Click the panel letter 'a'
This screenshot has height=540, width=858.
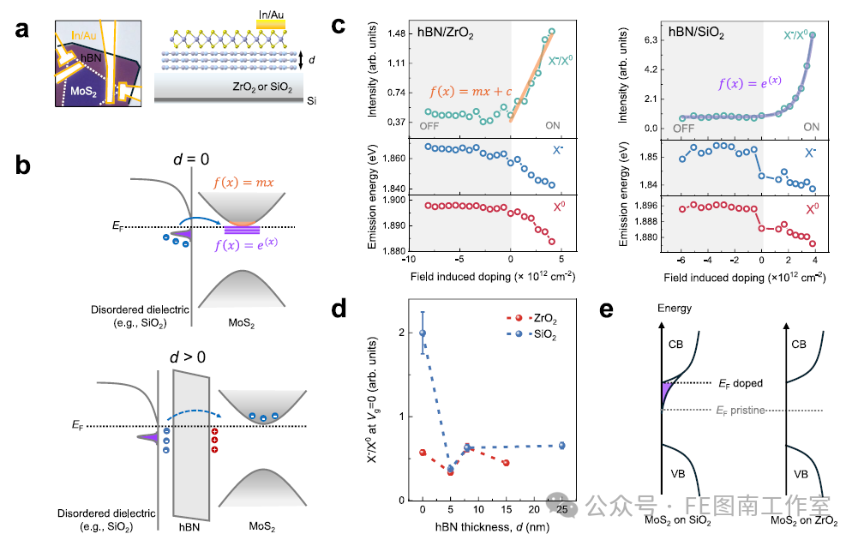click(22, 29)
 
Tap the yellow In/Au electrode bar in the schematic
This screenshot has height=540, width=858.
click(271, 25)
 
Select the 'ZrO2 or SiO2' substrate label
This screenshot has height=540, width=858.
click(262, 87)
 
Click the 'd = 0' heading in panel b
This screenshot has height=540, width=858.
click(191, 159)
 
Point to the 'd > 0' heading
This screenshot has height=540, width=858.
click(188, 357)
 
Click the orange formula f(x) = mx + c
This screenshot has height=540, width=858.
click(471, 92)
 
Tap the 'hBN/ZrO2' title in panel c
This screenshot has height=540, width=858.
click(446, 33)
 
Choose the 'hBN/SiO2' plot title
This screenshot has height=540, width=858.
click(696, 33)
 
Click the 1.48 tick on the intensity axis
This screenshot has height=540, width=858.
click(396, 34)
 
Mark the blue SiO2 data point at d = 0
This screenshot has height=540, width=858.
click(423, 333)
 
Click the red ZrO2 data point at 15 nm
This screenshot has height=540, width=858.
click(507, 463)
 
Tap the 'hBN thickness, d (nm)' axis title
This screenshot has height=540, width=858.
click(492, 527)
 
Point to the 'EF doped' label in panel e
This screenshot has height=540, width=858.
click(741, 383)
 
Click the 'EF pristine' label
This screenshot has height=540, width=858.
click(741, 411)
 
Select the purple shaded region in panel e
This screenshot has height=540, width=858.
click(667, 393)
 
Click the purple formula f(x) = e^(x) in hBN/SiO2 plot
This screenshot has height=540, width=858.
click(750, 82)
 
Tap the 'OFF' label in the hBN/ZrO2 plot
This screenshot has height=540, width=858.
click(429, 126)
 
